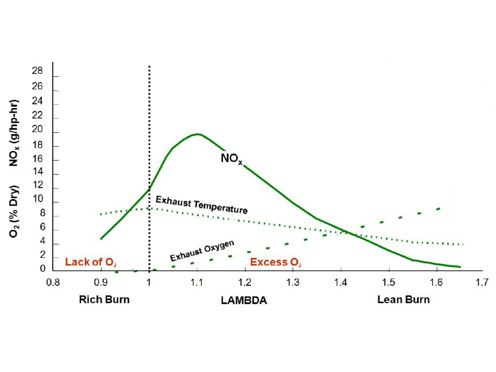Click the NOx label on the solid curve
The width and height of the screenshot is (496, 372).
point(231,159)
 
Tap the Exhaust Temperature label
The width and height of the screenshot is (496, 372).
point(201,205)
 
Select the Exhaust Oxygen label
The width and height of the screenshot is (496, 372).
point(202,251)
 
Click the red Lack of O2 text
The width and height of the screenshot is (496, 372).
point(90,262)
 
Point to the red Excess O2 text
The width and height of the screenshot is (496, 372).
point(275,262)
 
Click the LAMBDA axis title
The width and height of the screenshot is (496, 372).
point(244,300)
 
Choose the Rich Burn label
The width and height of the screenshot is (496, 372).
point(104,300)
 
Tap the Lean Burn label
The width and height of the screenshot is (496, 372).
point(403,300)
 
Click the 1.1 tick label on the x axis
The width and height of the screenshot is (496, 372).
point(196,283)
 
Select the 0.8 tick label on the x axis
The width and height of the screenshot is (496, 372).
point(53,283)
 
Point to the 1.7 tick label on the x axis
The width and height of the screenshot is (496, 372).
point(482,283)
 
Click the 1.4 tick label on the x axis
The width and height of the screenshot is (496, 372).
point(340,283)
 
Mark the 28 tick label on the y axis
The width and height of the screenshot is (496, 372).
point(37,71)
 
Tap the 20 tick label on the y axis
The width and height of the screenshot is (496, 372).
point(37,129)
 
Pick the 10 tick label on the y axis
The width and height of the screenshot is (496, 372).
point(37,199)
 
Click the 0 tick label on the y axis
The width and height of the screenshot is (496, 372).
point(42,269)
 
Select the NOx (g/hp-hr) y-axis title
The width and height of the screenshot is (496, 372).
point(14,133)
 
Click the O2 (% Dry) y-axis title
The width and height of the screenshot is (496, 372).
point(14,211)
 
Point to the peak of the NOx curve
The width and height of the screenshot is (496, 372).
point(197,134)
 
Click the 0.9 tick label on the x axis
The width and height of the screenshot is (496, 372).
point(101,283)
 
